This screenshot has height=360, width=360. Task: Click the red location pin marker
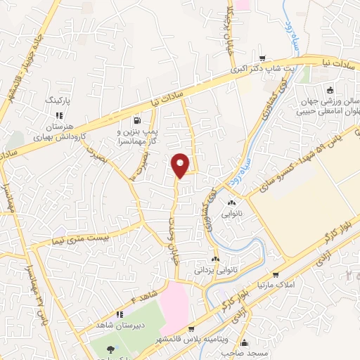(x=181, y=165)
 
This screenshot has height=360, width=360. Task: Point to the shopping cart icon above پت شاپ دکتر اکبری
(x=262, y=59)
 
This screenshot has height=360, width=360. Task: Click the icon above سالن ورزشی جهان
(x=330, y=89)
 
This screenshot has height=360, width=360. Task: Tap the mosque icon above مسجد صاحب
(x=244, y=343)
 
